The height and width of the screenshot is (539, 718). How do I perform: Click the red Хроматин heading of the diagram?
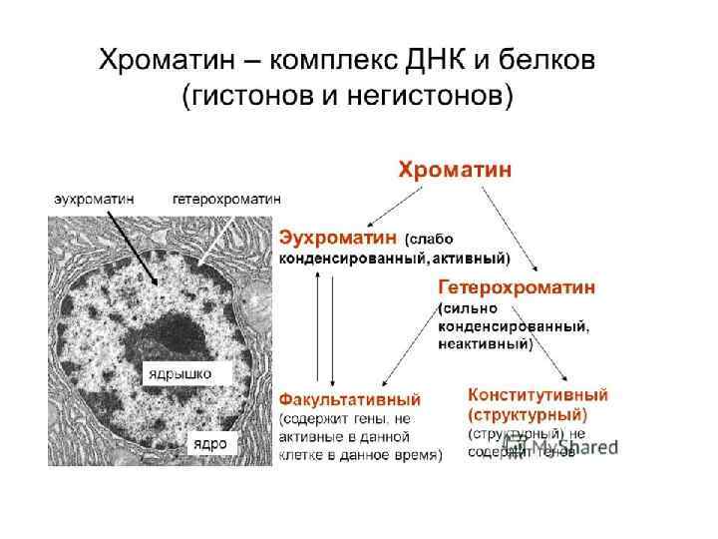pyautogui.click(x=455, y=170)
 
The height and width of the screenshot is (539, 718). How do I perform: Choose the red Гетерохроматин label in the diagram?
pyautogui.click(x=517, y=286)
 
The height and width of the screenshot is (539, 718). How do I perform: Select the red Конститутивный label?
pyautogui.click(x=538, y=394)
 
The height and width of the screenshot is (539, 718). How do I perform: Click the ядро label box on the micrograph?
pyautogui.click(x=208, y=442)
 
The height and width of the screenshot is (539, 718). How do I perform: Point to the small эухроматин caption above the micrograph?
pyautogui.click(x=94, y=199)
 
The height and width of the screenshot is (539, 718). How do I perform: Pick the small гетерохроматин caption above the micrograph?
pyautogui.click(x=226, y=199)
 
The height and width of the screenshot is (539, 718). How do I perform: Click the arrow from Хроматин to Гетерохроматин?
pyautogui.click(x=511, y=229)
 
